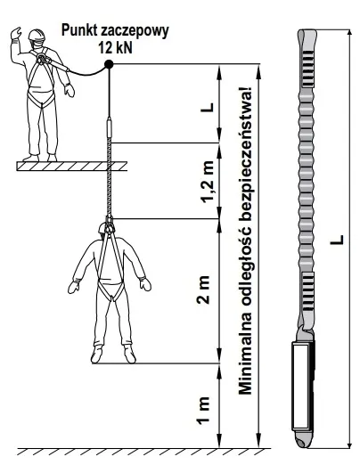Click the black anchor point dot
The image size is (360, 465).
pyautogui.click(x=109, y=64)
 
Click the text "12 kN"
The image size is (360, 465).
pyautogui.click(x=116, y=47)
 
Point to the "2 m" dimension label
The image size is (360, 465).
pyautogui.click(x=204, y=290)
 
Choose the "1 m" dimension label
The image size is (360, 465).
pyautogui.click(x=204, y=411)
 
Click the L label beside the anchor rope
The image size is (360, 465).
pyautogui.click(x=207, y=107)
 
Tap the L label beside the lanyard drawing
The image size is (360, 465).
pyautogui.click(x=337, y=240)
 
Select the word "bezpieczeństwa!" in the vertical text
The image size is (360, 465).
pyautogui.click(x=245, y=153)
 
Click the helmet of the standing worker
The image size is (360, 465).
pyautogui.click(x=37, y=35)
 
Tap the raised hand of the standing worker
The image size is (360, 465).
pyautogui.click(x=15, y=33)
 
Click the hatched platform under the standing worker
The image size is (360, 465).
pyautogui.click(x=72, y=167)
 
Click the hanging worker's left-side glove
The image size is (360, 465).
pyautogui.click(x=73, y=286)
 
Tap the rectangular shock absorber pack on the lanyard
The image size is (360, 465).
pyautogui.click(x=303, y=386)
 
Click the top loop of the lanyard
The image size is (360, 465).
pyautogui.click(x=306, y=39)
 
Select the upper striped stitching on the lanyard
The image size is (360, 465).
pyautogui.click(x=308, y=69)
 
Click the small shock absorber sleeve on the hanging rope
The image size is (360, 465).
pyautogui.click(x=109, y=127)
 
